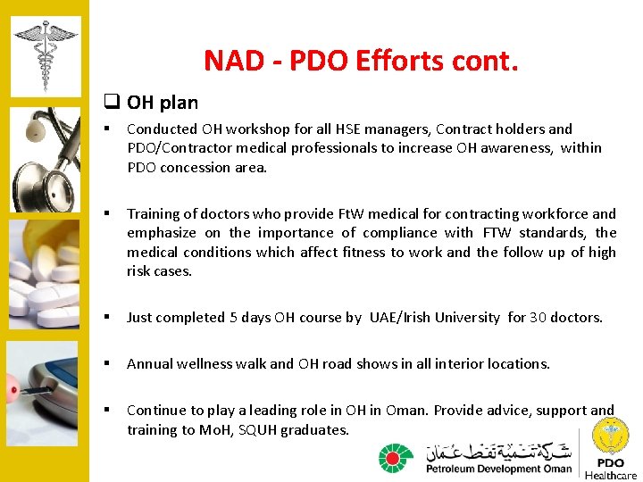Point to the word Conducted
click(x=162, y=129)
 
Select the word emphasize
click(x=163, y=233)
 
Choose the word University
click(x=467, y=317)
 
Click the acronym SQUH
click(x=256, y=429)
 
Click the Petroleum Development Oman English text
click(x=498, y=469)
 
